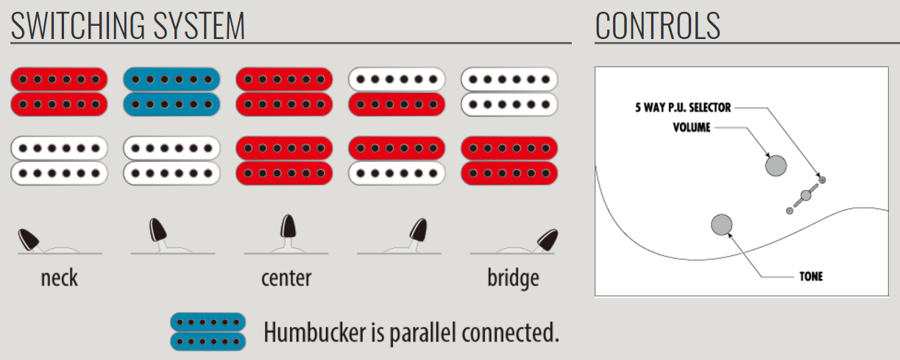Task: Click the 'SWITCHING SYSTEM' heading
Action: click(127, 27)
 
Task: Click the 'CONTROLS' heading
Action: click(657, 27)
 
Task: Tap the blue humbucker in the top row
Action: click(171, 91)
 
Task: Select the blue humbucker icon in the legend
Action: click(208, 331)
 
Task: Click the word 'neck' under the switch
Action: click(59, 278)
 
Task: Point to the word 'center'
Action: click(286, 278)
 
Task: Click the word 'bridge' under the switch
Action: click(513, 278)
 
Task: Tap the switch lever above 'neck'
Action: click(29, 239)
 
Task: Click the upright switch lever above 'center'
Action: click(288, 227)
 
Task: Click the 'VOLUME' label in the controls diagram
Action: click(692, 127)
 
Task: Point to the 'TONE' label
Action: click(810, 277)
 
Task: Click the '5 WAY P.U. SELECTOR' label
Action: click(683, 107)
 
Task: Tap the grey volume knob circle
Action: click(776, 165)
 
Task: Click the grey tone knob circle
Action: click(721, 225)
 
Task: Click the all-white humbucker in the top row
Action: click(509, 91)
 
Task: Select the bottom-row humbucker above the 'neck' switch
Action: click(59, 160)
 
